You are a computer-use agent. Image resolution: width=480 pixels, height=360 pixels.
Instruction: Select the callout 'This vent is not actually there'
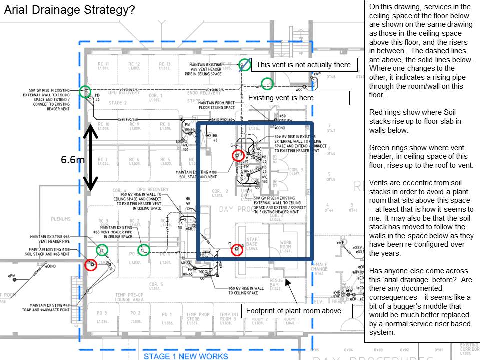coord(304,65)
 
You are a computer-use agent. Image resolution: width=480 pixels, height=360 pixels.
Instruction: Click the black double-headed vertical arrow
coord(90,157)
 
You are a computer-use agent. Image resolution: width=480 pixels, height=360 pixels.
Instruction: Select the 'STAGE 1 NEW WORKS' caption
coord(186,356)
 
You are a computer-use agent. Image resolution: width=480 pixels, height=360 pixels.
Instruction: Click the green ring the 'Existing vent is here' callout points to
coord(268,83)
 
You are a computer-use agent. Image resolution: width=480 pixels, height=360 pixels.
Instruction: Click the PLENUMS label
coord(61,219)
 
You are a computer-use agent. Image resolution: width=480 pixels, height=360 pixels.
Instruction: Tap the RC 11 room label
coord(104,66)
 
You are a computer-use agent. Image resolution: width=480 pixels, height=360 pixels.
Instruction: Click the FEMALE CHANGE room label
coord(319,268)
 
